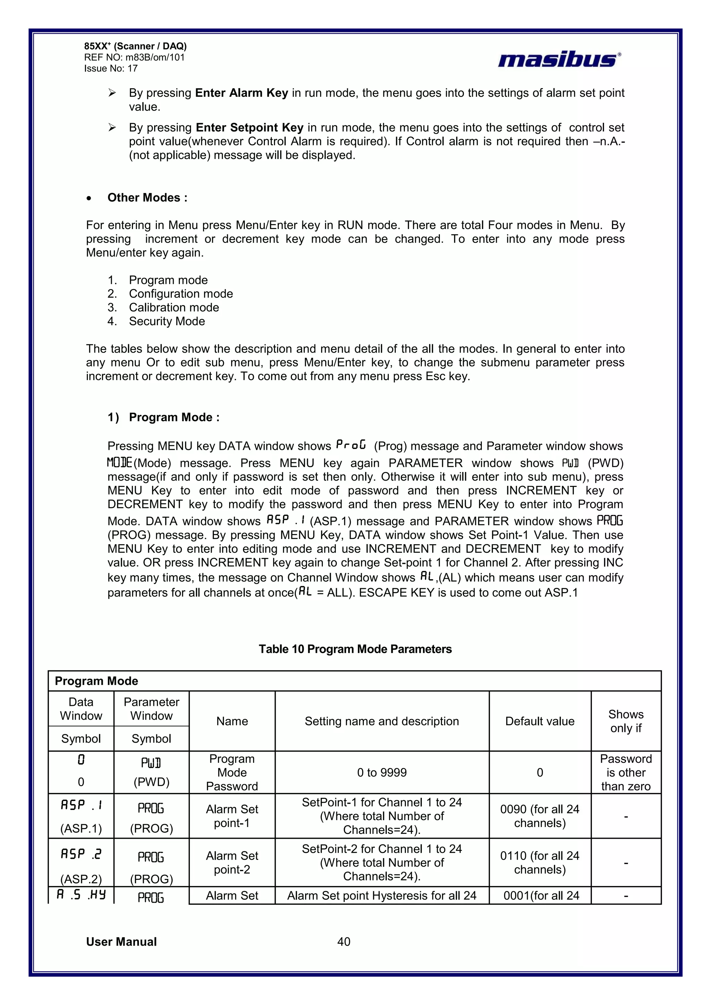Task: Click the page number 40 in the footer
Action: point(344,941)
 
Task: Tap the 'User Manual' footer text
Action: point(121,941)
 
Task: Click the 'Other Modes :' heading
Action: point(147,197)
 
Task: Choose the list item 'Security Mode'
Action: point(167,321)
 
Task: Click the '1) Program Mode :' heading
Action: point(164,417)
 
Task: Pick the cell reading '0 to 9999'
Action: point(382,772)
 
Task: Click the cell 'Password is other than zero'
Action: point(626,772)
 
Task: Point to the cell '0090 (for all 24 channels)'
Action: point(540,816)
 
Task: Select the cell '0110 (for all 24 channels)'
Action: point(540,862)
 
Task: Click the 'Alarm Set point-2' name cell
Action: point(232,862)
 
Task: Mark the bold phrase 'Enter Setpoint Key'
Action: point(249,127)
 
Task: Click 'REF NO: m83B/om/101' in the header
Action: point(134,57)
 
